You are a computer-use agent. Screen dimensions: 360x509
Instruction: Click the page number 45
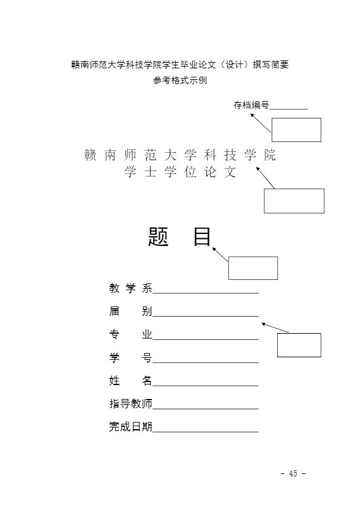pos(293,473)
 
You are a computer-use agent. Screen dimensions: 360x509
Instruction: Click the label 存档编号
pos(251,105)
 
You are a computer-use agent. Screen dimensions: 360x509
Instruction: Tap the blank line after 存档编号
pos(289,109)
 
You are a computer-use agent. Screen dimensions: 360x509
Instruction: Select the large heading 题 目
pos(179,236)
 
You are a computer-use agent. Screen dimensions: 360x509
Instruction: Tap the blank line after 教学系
pos(205,293)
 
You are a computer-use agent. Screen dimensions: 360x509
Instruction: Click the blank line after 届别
pos(205,316)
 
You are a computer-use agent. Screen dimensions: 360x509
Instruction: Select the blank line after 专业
pos(205,340)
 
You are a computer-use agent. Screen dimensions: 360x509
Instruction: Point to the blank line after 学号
pos(205,363)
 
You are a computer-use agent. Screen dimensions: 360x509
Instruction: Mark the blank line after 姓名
pos(205,386)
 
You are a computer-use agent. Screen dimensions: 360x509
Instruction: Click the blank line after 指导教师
pos(205,409)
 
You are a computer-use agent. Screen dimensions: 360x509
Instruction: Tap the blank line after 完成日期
pos(205,432)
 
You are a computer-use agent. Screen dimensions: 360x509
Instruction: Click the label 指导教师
pos(131,403)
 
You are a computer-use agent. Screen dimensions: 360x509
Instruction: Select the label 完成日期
pos(131,427)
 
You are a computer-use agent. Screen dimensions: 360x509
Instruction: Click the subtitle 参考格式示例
pos(180,80)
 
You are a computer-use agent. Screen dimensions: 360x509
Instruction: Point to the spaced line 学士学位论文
pos(180,172)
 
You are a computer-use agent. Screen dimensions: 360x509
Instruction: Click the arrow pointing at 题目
pos(220,254)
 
